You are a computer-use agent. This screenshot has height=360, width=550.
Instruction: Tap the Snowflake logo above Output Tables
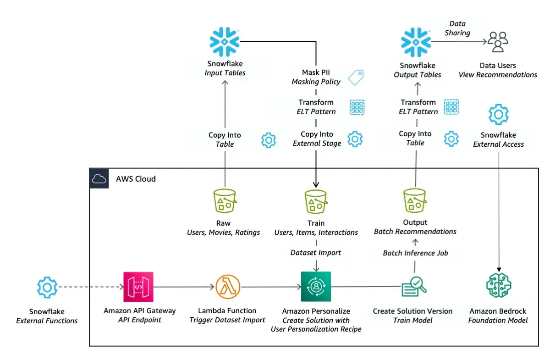pyautogui.click(x=417, y=42)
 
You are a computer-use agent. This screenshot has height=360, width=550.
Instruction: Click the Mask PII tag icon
pyautogui.click(x=356, y=77)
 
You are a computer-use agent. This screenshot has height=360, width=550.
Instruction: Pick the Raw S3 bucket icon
pyautogui.click(x=225, y=201)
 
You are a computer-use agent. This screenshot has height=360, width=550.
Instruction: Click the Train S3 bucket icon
pyautogui.click(x=316, y=201)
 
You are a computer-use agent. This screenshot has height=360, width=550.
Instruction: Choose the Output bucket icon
pyautogui.click(x=415, y=201)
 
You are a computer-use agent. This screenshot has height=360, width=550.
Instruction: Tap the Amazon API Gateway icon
pyautogui.click(x=138, y=287)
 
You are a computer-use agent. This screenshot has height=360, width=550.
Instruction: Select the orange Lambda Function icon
pyautogui.click(x=228, y=287)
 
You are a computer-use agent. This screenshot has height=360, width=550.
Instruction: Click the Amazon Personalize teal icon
pyautogui.click(x=316, y=287)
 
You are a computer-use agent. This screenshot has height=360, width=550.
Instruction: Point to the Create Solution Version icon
pyautogui.click(x=414, y=287)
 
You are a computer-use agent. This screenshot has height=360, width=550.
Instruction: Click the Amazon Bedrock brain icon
pyautogui.click(x=498, y=287)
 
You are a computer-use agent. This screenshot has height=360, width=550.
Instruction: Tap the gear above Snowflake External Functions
pyautogui.click(x=47, y=288)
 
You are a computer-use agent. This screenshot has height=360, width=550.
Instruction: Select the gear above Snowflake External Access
pyautogui.click(x=498, y=114)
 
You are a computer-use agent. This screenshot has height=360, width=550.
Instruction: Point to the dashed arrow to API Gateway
pyautogui.click(x=92, y=288)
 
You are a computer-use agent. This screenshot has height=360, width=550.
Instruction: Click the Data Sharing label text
pyautogui.click(x=457, y=28)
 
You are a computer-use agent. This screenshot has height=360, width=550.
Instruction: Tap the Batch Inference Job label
pyautogui.click(x=415, y=253)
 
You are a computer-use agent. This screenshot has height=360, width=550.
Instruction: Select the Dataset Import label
pyautogui.click(x=316, y=252)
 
